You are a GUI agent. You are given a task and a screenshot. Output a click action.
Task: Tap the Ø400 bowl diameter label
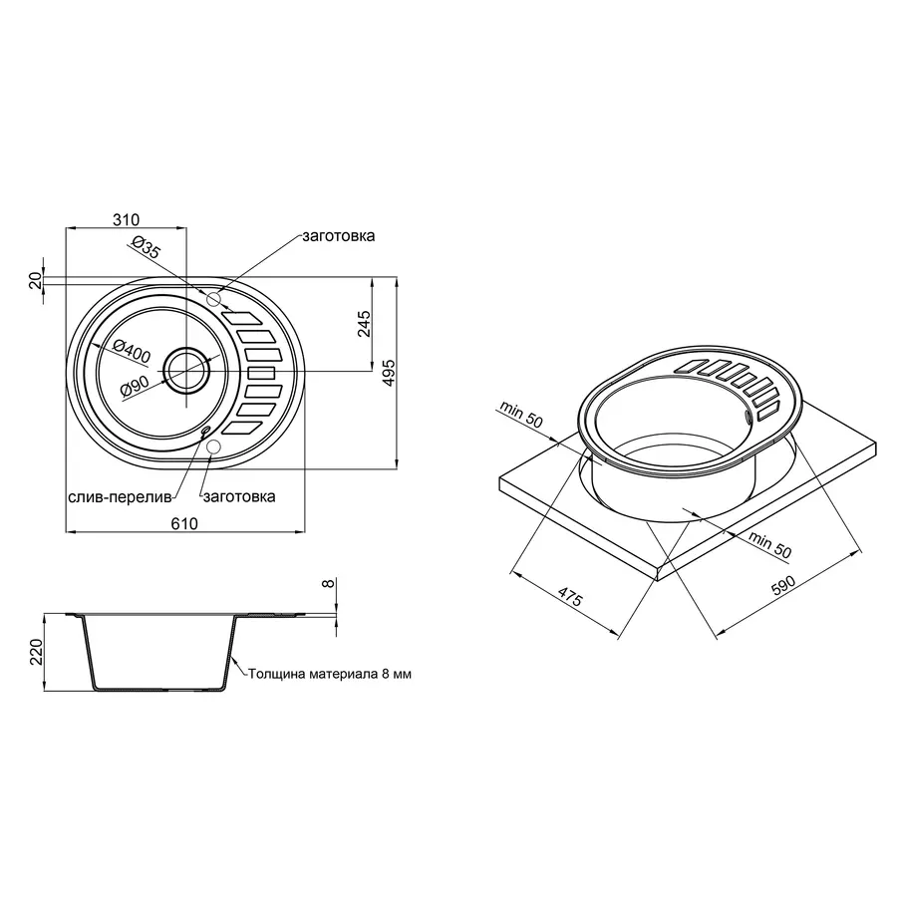click(131, 350)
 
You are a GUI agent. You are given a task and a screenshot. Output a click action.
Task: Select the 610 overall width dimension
click(184, 524)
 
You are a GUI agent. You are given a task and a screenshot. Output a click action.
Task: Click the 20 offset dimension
click(37, 282)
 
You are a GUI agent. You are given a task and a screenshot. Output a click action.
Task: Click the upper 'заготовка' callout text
click(339, 237)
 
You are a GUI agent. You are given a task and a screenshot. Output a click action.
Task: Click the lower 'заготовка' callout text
click(239, 495)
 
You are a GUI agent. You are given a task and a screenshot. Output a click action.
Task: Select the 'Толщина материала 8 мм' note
click(329, 674)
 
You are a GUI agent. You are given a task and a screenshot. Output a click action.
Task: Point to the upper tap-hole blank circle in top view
click(213, 299)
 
